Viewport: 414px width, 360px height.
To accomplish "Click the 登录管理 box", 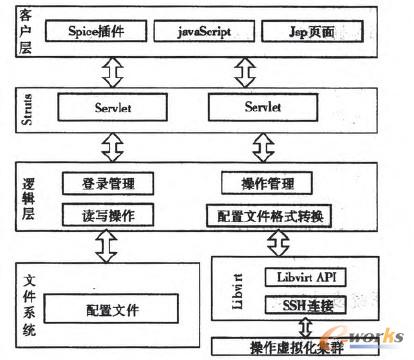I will click(105, 184).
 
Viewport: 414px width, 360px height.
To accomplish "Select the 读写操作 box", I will click(105, 214).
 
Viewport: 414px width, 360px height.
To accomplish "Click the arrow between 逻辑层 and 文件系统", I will click(107, 243).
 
